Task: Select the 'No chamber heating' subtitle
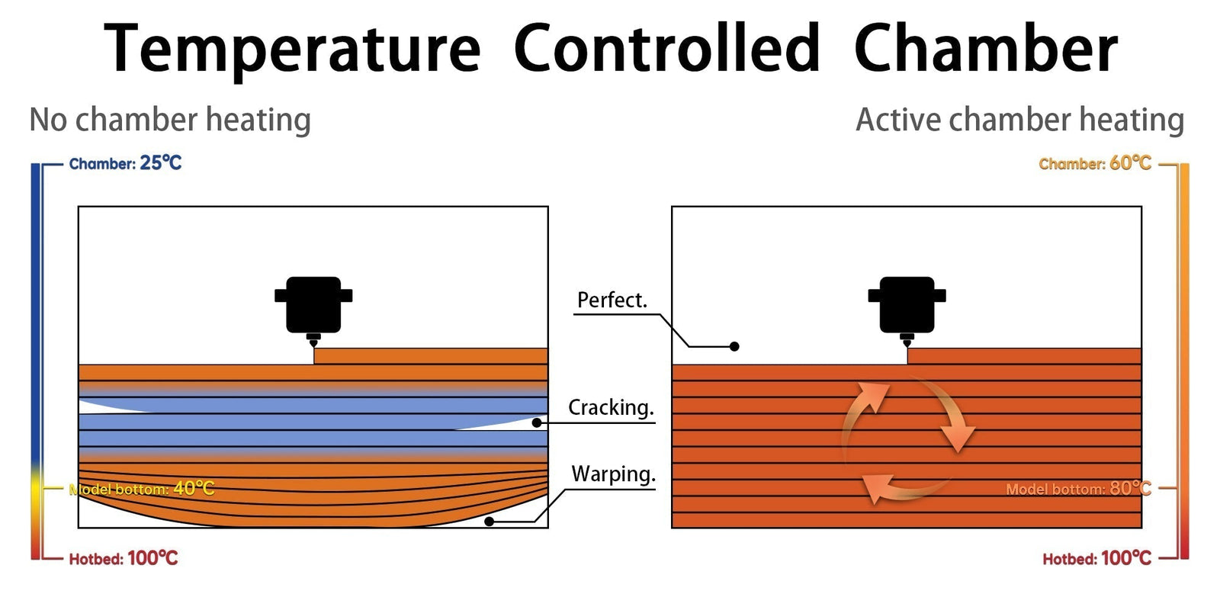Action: pyautogui.click(x=170, y=120)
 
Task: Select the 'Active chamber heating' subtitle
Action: pyautogui.click(x=1019, y=120)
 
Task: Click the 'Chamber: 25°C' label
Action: pyautogui.click(x=125, y=163)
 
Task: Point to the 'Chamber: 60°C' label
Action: pyautogui.click(x=1095, y=163)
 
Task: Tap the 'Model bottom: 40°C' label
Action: pyautogui.click(x=142, y=489)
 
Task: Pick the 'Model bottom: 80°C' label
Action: pyautogui.click(x=1078, y=489)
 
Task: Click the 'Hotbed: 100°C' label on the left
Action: pyautogui.click(x=124, y=558)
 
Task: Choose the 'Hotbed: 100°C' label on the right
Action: pyautogui.click(x=1096, y=558)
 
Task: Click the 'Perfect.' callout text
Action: pyautogui.click(x=612, y=300)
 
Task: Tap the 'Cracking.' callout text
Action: pyautogui.click(x=611, y=408)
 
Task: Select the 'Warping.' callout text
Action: pyautogui.click(x=613, y=474)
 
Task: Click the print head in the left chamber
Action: pyautogui.click(x=313, y=306)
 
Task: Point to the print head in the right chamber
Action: pyautogui.click(x=907, y=306)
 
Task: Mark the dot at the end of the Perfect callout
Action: pyautogui.click(x=734, y=346)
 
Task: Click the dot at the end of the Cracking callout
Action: pyautogui.click(x=537, y=422)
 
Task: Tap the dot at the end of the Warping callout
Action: pyautogui.click(x=490, y=522)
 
